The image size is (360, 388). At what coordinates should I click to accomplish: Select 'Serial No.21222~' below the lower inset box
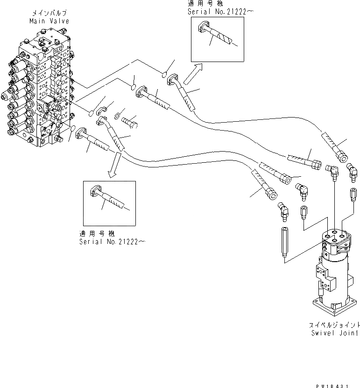pos(112,241)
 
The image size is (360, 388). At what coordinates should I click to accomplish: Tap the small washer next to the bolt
pos(117,115)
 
